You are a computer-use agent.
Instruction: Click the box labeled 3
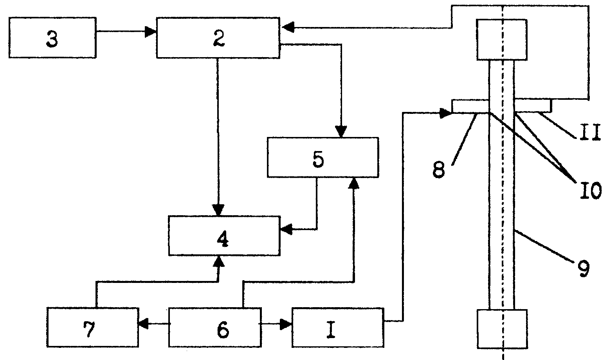[x=52, y=38]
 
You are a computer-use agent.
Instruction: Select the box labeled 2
[x=218, y=38]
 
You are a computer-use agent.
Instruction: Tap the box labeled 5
[x=323, y=157]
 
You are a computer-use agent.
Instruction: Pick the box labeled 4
[x=224, y=236]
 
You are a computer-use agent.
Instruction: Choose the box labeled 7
[x=93, y=328]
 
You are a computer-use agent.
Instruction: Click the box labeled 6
[x=215, y=328]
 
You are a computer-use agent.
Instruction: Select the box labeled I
[x=338, y=328]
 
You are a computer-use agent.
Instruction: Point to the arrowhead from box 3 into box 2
[x=150, y=32]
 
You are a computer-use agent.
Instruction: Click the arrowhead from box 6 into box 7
[x=144, y=324]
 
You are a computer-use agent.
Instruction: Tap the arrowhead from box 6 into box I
[x=286, y=324]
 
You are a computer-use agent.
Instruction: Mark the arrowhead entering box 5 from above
[x=341, y=131]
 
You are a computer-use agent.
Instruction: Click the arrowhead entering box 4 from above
[x=218, y=210]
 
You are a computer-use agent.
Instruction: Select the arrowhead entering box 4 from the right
[x=286, y=229]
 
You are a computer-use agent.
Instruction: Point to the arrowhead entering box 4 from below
[x=218, y=261]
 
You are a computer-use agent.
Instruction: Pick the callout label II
[x=589, y=132]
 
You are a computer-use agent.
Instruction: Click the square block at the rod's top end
[x=502, y=40]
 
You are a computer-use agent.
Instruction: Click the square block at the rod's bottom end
[x=503, y=329]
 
